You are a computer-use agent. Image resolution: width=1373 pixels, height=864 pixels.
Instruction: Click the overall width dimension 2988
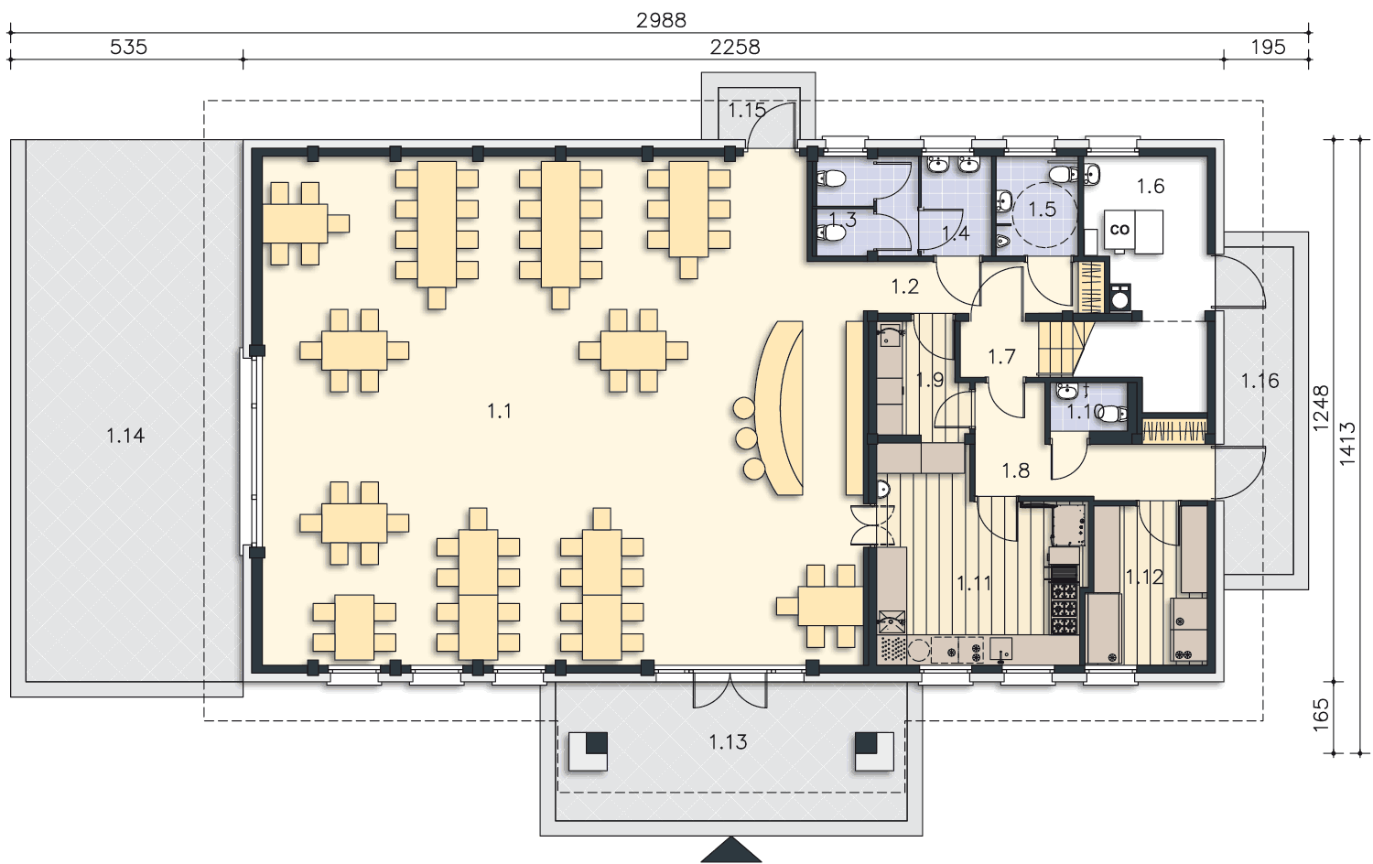click(661, 20)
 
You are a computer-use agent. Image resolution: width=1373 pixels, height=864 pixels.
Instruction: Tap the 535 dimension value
click(129, 48)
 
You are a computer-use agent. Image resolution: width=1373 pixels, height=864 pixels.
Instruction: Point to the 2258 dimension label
click(735, 48)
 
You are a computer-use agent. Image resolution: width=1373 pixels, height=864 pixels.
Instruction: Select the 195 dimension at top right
click(1268, 48)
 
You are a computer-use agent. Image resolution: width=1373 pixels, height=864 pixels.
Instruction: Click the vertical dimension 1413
click(1346, 444)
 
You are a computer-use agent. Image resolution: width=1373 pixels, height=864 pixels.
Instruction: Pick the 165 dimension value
click(1321, 715)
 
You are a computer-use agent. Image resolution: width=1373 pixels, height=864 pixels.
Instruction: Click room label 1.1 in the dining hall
click(499, 411)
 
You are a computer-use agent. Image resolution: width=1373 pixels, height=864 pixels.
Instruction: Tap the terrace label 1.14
click(125, 436)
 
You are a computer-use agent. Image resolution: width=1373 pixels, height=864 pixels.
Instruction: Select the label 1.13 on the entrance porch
click(729, 742)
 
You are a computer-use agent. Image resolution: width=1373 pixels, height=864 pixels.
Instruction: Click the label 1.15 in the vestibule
click(747, 111)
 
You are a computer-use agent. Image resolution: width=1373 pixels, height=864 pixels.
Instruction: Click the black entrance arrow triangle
click(731, 849)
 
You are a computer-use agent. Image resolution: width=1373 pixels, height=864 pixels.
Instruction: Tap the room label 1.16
click(1260, 381)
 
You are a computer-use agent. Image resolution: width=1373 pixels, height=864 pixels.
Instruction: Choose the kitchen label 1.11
click(974, 583)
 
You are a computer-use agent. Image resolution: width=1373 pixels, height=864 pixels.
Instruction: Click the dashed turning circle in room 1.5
click(1044, 183)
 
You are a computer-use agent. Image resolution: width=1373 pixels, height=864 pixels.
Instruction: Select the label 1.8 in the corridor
click(1016, 470)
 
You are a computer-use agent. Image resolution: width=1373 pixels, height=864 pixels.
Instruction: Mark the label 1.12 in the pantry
click(1144, 577)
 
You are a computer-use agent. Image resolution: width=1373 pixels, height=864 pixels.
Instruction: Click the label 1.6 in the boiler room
click(1151, 187)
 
